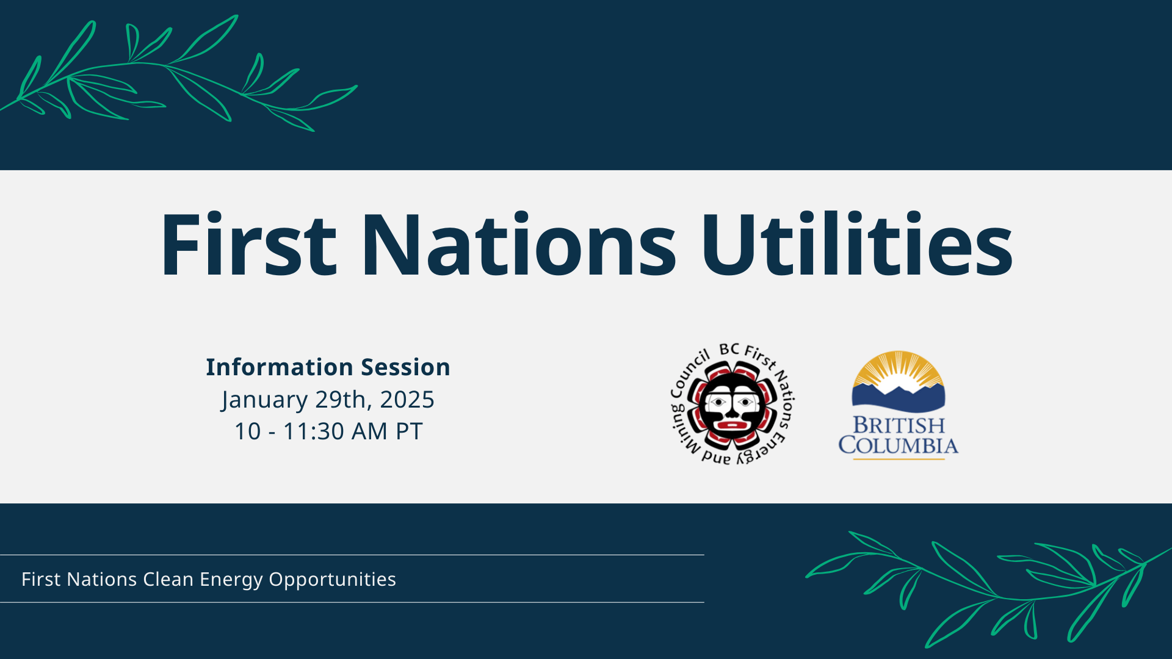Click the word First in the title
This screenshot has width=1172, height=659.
[247, 245]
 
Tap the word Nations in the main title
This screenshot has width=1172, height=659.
[519, 245]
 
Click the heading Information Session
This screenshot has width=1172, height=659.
[328, 367]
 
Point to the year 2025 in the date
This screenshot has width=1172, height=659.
[407, 400]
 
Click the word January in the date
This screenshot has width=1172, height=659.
[264, 400]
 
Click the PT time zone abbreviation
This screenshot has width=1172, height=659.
[409, 431]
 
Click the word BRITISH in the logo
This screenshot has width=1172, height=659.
[899, 425]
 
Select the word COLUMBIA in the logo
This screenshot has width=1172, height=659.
[898, 445]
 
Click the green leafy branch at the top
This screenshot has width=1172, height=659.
[177, 73]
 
